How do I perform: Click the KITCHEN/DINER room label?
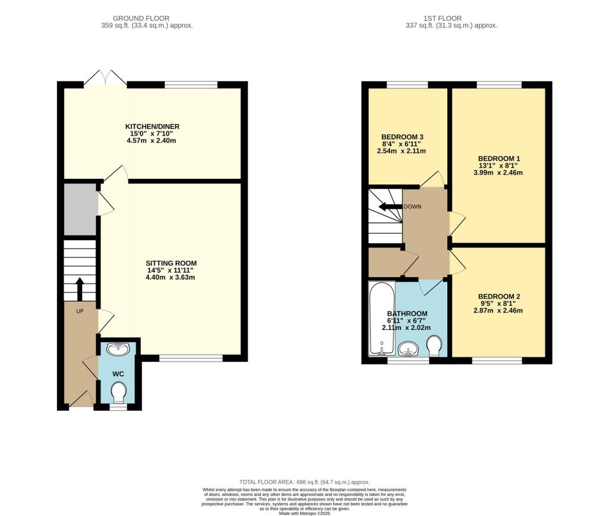(152, 127)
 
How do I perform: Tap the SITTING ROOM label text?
(171, 263)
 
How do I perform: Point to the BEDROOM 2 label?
(499, 296)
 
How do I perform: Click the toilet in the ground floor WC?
(119, 392)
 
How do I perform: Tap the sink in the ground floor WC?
(118, 348)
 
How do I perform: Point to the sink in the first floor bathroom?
(408, 350)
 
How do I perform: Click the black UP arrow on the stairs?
(79, 289)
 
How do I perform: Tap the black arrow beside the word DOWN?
(390, 207)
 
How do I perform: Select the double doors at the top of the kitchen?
(105, 78)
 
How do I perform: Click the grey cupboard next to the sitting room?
(80, 209)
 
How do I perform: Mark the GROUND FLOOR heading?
(147, 18)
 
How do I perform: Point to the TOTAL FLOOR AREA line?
(304, 482)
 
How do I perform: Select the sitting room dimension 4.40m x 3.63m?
(171, 278)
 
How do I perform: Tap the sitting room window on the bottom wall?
(191, 358)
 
